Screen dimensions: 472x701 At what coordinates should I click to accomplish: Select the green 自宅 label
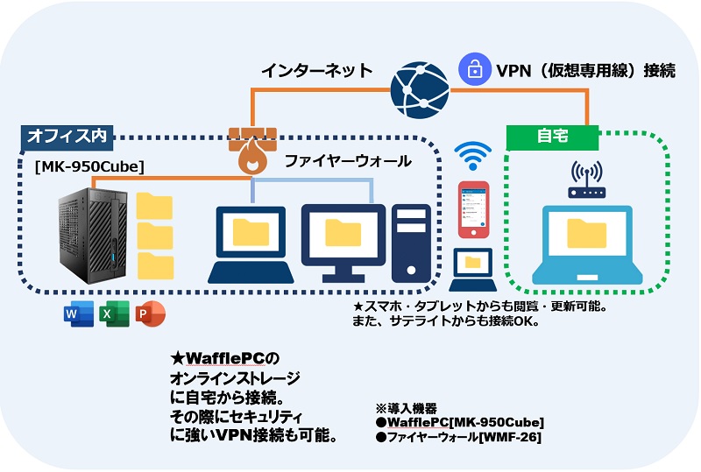[x=553, y=137]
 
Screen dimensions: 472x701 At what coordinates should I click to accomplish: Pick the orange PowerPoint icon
[x=150, y=313]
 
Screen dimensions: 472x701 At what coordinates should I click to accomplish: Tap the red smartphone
[x=473, y=210]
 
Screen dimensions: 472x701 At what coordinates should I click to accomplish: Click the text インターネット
[x=317, y=70]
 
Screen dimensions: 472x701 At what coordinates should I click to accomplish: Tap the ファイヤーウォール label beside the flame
[x=348, y=161]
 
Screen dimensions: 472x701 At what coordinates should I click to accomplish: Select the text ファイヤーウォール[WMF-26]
[x=463, y=435]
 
